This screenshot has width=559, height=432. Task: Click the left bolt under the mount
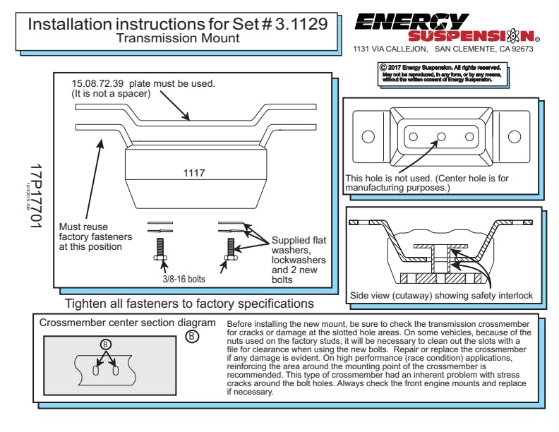pos(160,251)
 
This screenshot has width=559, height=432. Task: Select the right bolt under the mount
pos(229,251)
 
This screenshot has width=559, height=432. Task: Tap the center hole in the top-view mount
pos(441,136)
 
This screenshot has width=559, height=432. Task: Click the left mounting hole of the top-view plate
pos(368,136)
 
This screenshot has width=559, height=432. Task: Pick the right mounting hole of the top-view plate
pos(516,136)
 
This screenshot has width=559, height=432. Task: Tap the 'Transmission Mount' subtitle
pos(177,38)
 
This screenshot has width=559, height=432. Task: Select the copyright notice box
pos(437,73)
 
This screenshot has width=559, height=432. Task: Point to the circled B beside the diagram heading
pos(191,337)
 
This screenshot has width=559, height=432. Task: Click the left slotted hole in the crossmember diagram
pos(96,371)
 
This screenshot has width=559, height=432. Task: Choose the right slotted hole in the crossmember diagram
pos(114,371)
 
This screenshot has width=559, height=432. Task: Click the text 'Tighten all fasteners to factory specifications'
pos(189,304)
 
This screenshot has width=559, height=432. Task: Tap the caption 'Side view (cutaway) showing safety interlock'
pos(442,295)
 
